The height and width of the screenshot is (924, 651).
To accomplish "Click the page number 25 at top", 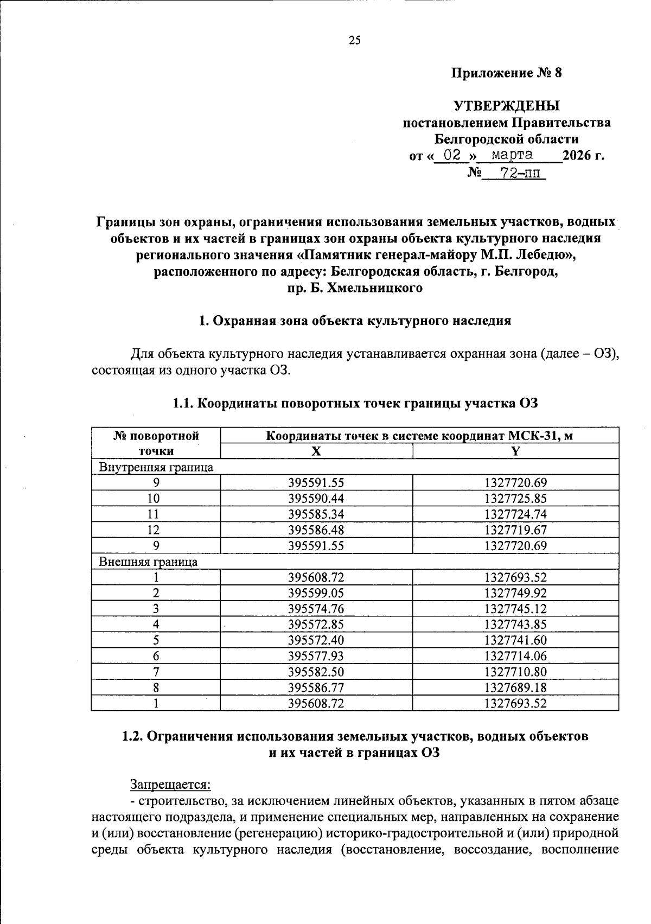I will pos(354,40).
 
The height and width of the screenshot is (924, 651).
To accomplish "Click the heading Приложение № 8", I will pos(507,73).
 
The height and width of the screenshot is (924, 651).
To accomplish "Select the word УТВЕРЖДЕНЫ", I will pos(507,105).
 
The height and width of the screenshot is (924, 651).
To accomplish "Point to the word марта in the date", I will pos(512,155).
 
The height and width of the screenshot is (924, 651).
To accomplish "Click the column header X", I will pos(316,451).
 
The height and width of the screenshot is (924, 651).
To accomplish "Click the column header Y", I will pos(516,451).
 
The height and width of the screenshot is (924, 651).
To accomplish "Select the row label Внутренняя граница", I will pos(156,467).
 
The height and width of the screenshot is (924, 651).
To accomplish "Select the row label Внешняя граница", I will pos(148,562).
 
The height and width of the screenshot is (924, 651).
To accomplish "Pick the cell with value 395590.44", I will pos(316,499).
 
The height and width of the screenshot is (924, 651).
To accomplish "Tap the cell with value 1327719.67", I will pos(516,530).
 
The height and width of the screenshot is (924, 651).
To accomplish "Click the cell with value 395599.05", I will pos(316,594).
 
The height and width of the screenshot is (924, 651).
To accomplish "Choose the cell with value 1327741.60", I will pos(516,641).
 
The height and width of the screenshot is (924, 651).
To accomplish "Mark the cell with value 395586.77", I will pos(316,688).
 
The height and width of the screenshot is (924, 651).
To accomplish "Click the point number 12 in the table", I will pos(156,530).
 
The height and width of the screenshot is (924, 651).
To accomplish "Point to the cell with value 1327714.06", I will pos(516,657).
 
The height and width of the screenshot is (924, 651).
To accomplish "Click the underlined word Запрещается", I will pos(170,785).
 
